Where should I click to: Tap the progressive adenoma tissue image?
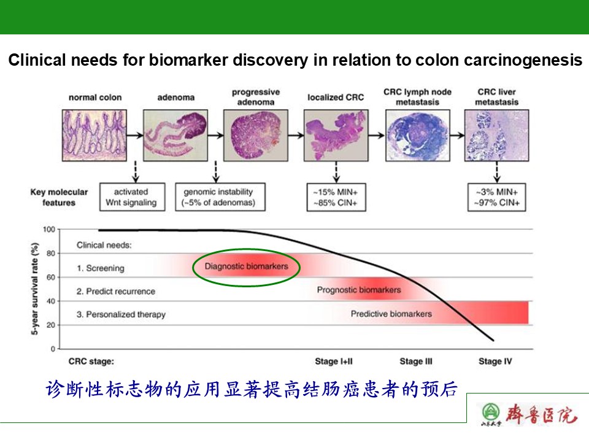(255, 135)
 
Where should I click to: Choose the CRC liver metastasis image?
(496, 135)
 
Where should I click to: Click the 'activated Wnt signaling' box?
(132, 197)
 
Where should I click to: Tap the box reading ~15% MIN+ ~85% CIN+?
(336, 197)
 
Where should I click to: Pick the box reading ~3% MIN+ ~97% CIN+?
(496, 197)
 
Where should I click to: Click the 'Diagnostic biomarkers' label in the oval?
(245, 266)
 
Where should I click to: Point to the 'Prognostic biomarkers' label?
(359, 290)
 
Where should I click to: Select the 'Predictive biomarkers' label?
(391, 314)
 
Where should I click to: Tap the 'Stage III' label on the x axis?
(416, 362)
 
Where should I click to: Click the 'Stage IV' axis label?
(495, 362)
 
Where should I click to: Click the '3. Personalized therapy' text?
(121, 314)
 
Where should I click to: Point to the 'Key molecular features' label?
(59, 197)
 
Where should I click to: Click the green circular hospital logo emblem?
(490, 412)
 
